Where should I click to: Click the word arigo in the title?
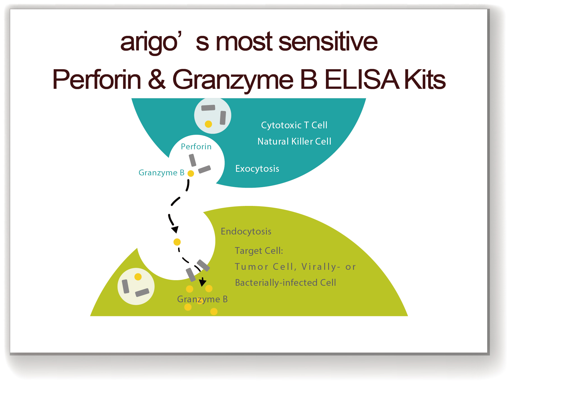(149, 42)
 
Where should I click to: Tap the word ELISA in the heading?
(361, 80)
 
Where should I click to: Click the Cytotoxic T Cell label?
(294, 125)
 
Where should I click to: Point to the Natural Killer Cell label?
(294, 141)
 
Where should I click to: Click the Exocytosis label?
(257, 169)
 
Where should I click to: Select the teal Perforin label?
(196, 147)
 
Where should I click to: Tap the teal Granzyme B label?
(161, 173)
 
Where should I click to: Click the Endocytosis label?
(246, 231)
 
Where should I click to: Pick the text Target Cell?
(259, 251)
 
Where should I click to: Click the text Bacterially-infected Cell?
(285, 283)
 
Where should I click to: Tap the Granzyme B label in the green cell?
(202, 299)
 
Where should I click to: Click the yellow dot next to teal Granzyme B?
(191, 173)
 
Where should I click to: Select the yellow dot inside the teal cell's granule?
(208, 124)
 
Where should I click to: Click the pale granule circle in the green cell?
(136, 286)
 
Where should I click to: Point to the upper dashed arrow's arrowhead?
(175, 229)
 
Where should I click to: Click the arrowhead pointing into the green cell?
(202, 282)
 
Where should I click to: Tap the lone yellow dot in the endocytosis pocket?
(177, 242)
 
